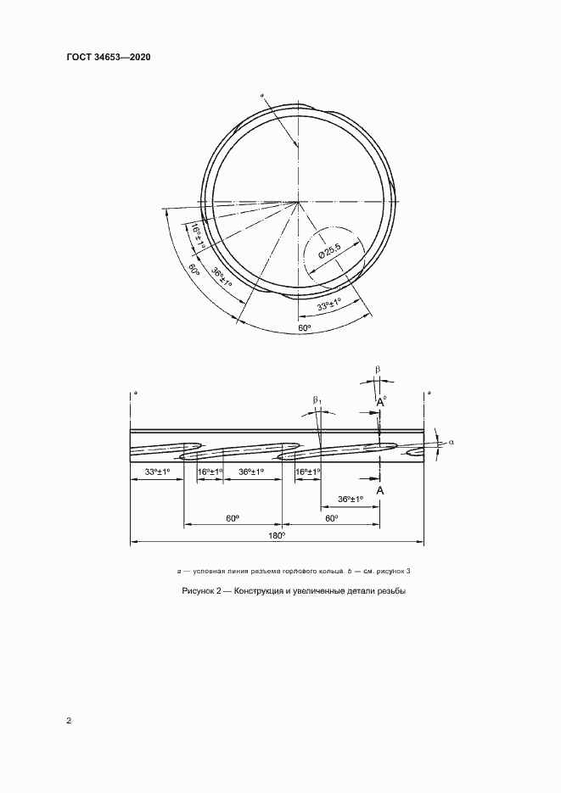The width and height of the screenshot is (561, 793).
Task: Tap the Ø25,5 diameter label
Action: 329,252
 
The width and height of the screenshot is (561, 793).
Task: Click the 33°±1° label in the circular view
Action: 328,304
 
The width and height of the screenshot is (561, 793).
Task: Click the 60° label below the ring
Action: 304,327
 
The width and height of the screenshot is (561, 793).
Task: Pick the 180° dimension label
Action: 277,536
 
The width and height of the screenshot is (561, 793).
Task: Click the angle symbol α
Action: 452,442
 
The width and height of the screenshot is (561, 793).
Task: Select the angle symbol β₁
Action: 317,399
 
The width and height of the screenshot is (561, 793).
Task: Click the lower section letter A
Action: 380,490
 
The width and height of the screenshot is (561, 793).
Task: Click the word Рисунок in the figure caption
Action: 199,591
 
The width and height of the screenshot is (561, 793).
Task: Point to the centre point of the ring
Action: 297,203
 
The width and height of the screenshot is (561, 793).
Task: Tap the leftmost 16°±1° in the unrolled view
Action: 210,472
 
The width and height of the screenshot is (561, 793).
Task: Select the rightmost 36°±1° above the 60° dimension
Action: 349,499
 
